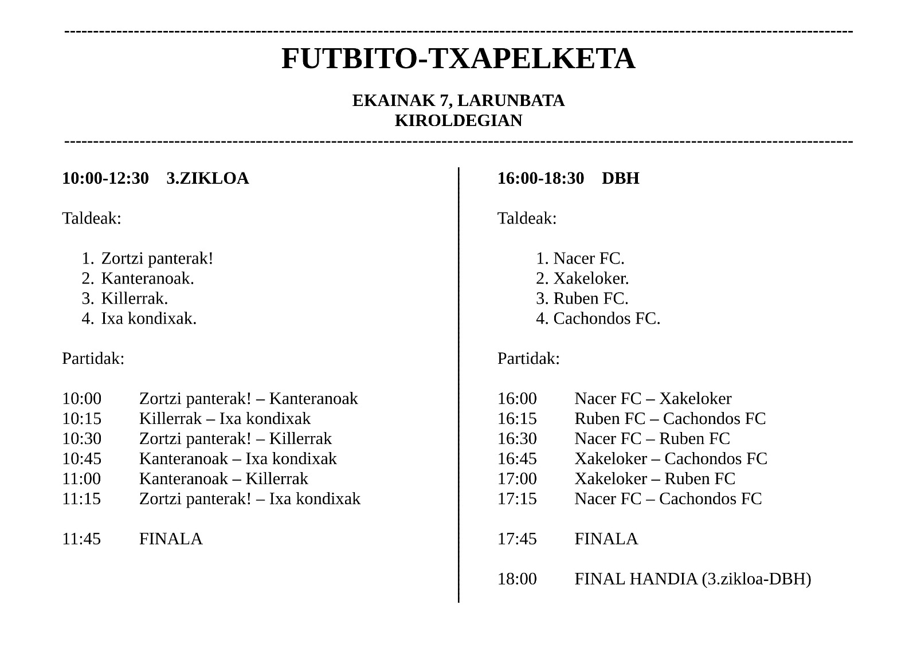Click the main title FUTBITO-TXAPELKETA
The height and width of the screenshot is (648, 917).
click(x=458, y=58)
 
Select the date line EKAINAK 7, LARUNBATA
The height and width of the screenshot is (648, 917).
click(x=458, y=101)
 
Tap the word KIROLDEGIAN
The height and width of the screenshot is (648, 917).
click(x=458, y=121)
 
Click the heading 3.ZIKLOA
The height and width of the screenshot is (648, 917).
click(x=207, y=179)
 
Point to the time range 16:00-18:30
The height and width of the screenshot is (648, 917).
click(x=540, y=179)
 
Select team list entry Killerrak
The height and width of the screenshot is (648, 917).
click(x=134, y=299)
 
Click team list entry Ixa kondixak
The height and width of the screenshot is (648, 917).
click(x=148, y=319)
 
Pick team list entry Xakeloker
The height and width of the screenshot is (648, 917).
click(x=590, y=279)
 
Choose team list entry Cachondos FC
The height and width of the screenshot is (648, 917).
click(x=606, y=319)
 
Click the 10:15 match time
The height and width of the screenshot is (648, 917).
click(x=81, y=419)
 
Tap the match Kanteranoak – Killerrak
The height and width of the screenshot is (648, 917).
click(x=224, y=479)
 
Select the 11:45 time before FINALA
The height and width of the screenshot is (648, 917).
click(x=81, y=539)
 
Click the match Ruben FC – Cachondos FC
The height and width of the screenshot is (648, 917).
click(x=670, y=419)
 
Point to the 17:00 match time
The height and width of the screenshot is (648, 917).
click(x=517, y=479)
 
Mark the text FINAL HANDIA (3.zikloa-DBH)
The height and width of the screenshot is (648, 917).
click(x=692, y=579)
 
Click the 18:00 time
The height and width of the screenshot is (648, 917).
click(x=517, y=579)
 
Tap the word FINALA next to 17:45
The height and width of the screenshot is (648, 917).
click(x=606, y=539)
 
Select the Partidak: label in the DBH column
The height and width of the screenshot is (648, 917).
click(x=528, y=359)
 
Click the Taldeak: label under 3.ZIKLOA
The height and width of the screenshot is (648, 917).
click(x=92, y=218)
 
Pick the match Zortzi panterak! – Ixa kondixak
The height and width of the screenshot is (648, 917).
click(x=250, y=499)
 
